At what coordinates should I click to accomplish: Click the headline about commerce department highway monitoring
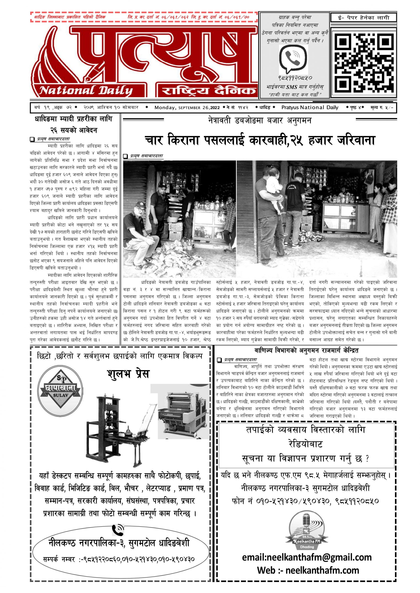click(306, 351)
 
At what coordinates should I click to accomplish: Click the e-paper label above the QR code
click(363, 18)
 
